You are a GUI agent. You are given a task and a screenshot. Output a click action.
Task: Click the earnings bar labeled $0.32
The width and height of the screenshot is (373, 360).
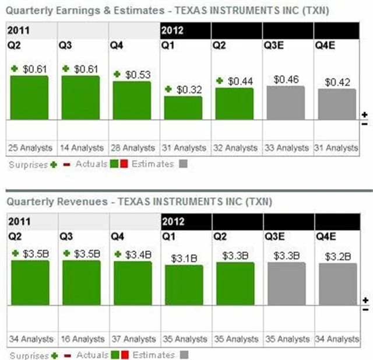[183, 108]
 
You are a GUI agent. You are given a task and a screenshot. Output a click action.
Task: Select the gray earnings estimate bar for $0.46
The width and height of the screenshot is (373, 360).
[286, 103]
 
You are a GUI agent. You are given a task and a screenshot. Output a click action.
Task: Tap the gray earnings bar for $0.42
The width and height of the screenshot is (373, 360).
[337, 104]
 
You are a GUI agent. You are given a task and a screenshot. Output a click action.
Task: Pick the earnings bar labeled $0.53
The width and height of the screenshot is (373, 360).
[132, 100]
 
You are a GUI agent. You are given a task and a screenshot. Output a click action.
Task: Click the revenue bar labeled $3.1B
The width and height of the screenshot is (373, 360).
[183, 285]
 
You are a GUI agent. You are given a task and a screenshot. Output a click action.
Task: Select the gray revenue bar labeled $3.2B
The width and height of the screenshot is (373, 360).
[337, 284]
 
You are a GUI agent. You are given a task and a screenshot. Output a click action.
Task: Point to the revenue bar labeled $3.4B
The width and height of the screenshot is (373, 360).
[132, 282]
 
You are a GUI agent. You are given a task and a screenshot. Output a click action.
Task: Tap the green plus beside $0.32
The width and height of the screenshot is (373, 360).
[168, 89]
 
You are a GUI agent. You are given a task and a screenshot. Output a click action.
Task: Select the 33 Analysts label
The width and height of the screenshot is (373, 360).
[286, 148]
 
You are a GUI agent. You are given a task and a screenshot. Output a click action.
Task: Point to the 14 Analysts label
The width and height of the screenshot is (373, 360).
[80, 148]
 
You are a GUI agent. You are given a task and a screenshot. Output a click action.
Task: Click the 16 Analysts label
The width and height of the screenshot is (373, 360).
[80, 339]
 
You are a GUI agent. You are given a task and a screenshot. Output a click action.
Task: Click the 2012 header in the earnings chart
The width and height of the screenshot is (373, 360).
[173, 30]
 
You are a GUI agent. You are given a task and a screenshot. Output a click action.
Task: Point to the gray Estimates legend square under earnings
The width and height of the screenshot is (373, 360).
[182, 165]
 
